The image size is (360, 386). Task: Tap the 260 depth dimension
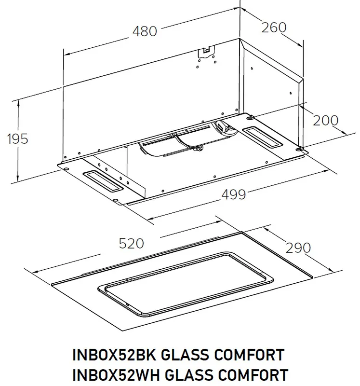274,27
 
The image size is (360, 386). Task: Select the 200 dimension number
325,120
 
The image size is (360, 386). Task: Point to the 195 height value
18,139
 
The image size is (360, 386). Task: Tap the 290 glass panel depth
298,248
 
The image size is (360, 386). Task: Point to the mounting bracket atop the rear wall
206,50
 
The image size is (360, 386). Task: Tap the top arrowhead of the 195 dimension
18,102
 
